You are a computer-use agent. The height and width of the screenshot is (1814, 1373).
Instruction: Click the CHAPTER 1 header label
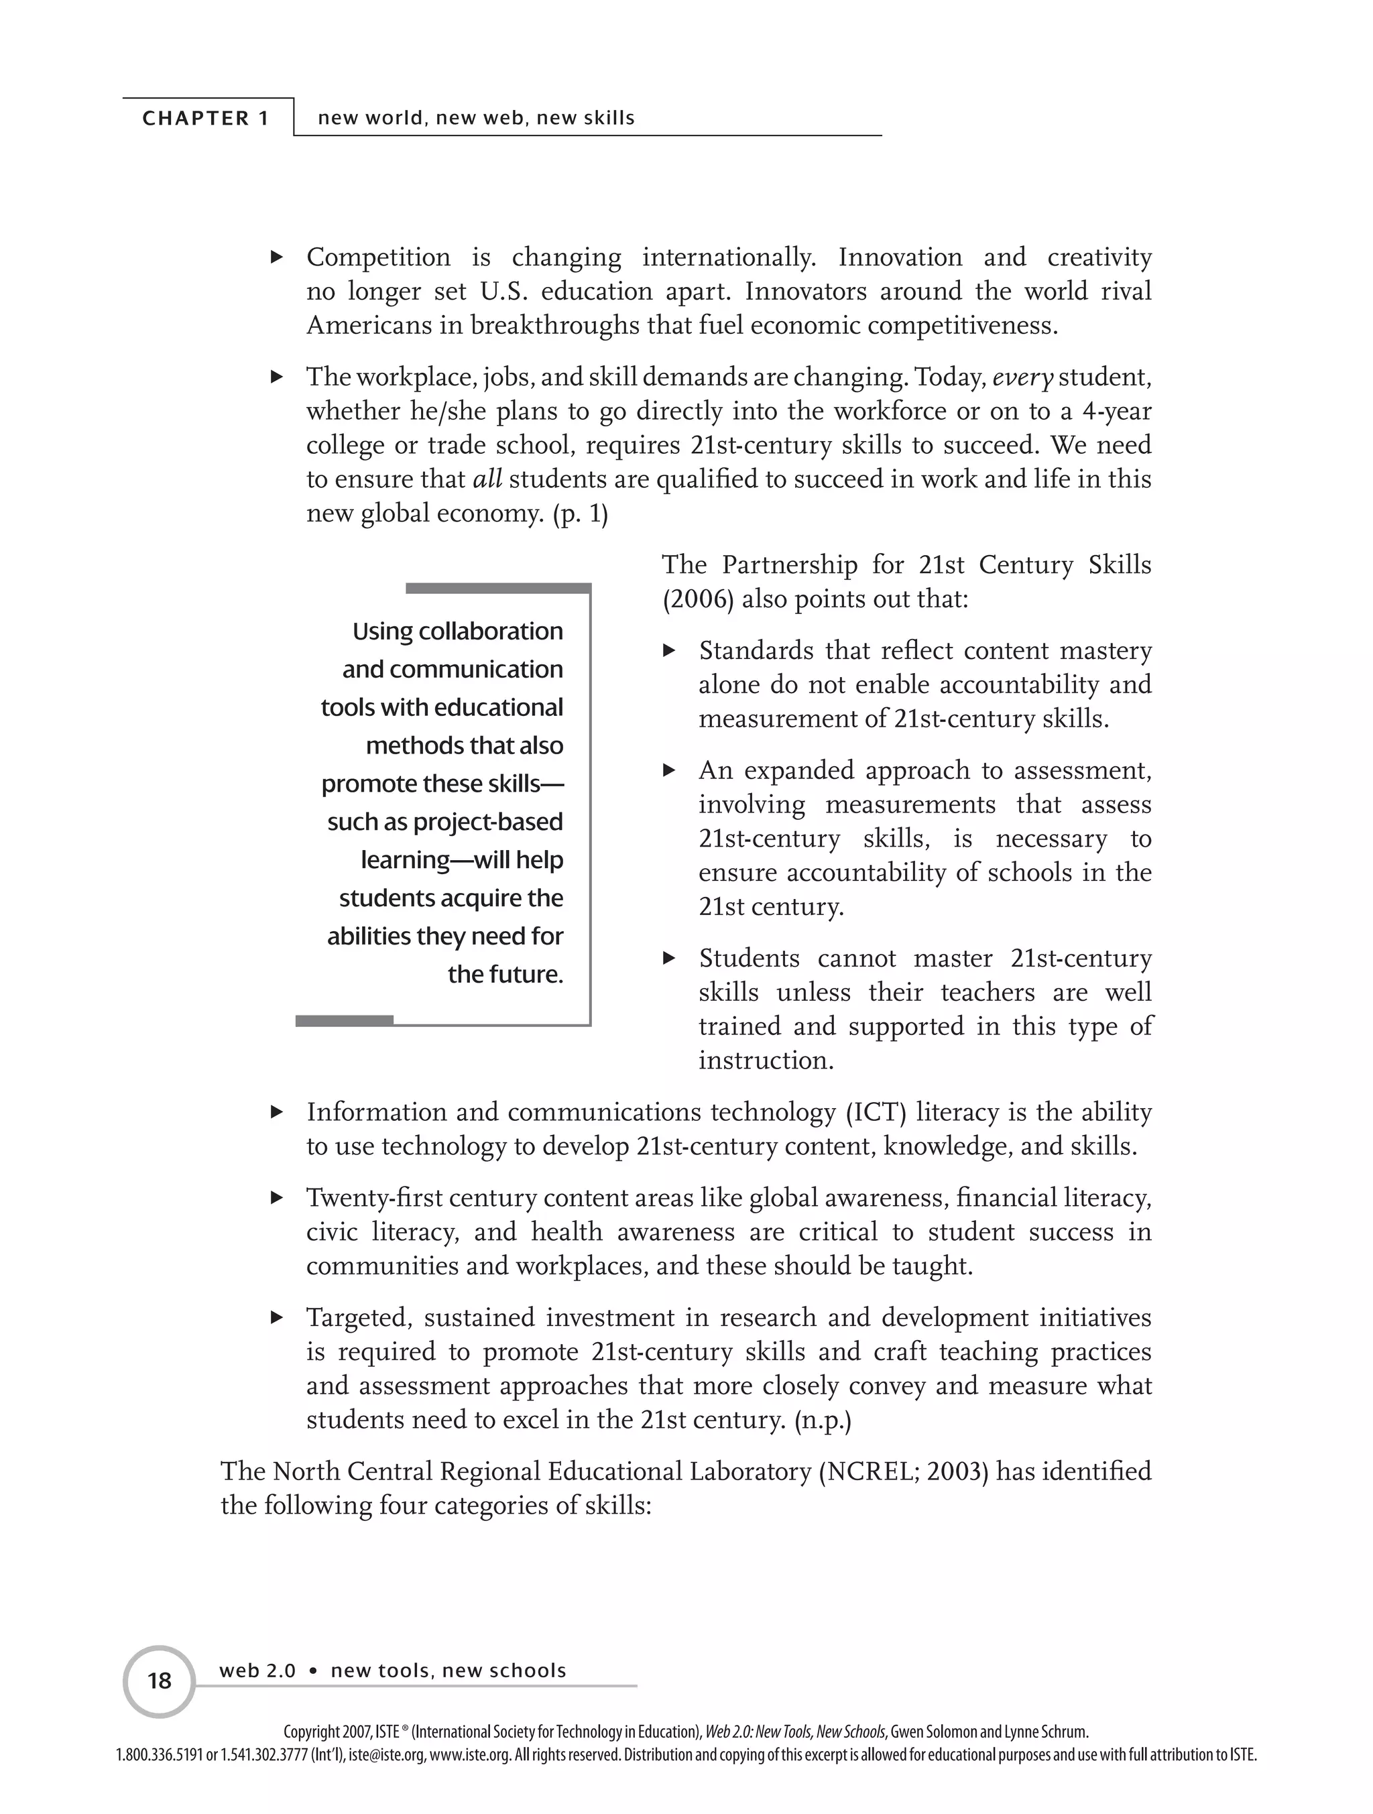205,118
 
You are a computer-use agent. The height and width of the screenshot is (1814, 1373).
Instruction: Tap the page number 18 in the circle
159,1681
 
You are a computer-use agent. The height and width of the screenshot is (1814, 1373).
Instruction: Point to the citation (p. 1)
581,514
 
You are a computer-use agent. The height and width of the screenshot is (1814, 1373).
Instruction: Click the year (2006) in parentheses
697,599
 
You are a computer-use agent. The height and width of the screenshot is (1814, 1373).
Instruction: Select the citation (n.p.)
823,1420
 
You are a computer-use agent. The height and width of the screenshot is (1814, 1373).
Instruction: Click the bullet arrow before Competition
278,257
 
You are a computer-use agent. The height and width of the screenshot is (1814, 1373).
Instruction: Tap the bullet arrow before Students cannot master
669,958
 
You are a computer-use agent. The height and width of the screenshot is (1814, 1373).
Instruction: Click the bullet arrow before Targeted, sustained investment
278,1318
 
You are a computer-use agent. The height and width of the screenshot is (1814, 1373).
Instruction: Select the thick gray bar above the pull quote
498,588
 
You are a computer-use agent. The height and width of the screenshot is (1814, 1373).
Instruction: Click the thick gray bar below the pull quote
344,1020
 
